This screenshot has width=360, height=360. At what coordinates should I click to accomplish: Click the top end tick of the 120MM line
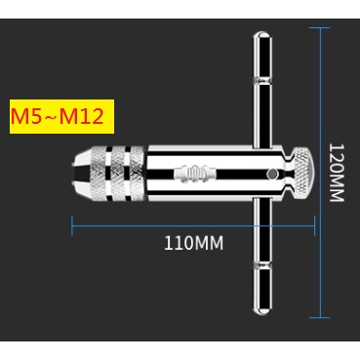point(321,28)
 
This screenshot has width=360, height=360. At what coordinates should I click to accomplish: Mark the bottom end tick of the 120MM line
point(321,317)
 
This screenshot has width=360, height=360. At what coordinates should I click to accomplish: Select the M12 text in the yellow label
point(89,119)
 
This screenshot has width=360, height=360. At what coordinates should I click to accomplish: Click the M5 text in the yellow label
point(25,119)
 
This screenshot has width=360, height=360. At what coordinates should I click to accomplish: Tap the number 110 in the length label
point(177,242)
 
